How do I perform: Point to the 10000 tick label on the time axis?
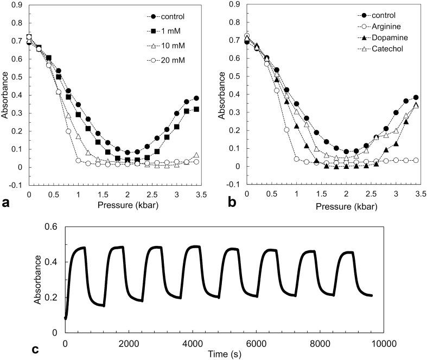click(399, 343)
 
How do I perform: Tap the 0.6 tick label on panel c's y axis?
click(53, 227)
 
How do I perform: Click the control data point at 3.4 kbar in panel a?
click(196, 98)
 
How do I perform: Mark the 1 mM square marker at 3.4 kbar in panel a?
click(196, 109)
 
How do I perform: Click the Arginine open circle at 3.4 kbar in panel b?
click(416, 160)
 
